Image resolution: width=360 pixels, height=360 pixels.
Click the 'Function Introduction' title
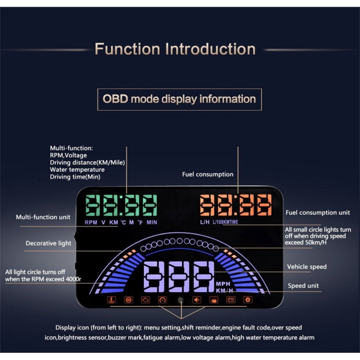(x=175, y=49)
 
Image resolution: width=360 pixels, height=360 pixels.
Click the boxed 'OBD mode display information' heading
(x=180, y=99)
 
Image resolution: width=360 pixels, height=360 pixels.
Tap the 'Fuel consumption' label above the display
(x=207, y=174)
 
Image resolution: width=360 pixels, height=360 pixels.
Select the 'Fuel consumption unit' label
(x=318, y=212)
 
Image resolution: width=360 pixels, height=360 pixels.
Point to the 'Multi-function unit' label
(x=43, y=217)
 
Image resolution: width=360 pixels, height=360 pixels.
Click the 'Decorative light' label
(x=48, y=243)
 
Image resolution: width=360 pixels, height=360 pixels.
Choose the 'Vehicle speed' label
(x=307, y=266)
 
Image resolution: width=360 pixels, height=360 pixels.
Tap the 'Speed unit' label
(x=303, y=286)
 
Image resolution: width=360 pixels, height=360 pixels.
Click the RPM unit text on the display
(x=91, y=222)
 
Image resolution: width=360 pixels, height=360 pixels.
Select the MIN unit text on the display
(x=152, y=222)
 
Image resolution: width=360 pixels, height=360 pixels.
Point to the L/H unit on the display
(x=205, y=222)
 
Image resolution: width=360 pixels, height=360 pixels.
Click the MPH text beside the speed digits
(x=223, y=283)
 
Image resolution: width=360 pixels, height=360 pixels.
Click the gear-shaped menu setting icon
(x=248, y=300)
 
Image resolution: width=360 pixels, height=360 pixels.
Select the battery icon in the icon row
(x=231, y=300)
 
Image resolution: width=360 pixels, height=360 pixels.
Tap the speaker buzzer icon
(x=197, y=300)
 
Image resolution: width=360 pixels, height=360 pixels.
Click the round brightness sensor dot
(x=180, y=300)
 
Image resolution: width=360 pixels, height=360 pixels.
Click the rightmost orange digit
(x=264, y=205)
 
